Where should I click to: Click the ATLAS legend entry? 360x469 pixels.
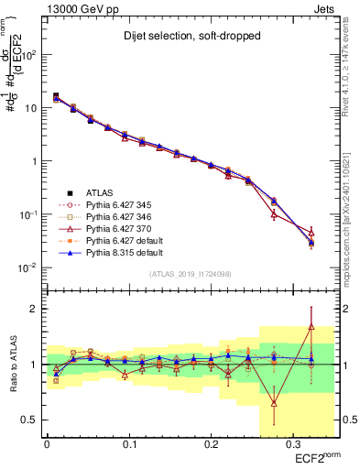click(101, 192)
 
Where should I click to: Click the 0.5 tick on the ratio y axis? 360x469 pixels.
click(32, 420)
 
